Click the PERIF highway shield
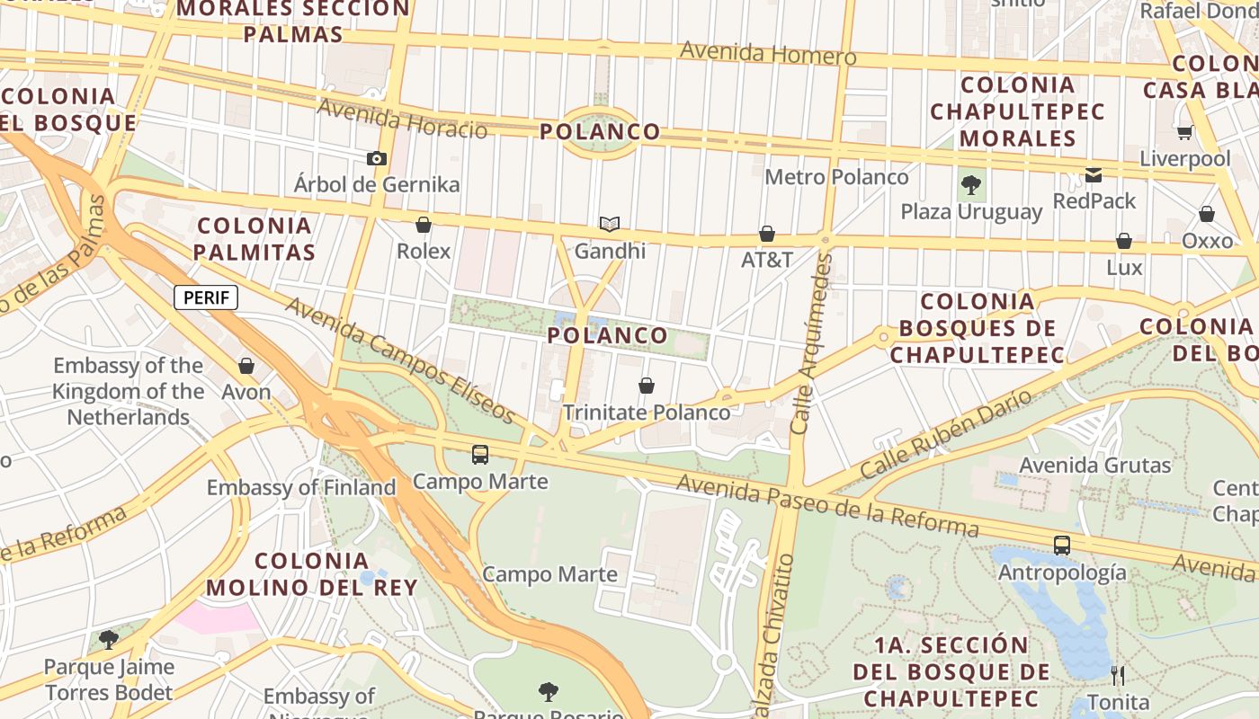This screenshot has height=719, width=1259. pos(205,297)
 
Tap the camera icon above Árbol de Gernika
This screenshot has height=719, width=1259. pos(376,159)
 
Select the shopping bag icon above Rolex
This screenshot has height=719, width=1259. pos(423,225)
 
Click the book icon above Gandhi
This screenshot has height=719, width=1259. pos(610,224)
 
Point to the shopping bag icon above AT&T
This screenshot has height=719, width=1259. pos(767,235)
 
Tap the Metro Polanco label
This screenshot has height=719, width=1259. pos(836,177)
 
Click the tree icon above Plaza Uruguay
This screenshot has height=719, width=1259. pos(970,186)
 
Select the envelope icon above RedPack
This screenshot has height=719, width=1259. pos(1094,175)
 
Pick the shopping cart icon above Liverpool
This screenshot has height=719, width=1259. pos(1184,133)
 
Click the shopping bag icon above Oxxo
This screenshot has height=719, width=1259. pos(1207,214)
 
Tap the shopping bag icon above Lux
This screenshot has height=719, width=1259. pos(1124,241)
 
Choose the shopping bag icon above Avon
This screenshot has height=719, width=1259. pos(246,366)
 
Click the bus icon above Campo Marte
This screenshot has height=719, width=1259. pos(480,455)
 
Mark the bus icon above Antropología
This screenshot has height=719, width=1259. pos(1062,545)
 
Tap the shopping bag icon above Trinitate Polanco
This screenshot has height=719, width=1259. pos(646,386)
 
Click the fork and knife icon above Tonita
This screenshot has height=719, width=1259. pos(1118,675)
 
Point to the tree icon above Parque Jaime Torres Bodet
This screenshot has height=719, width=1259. pos(109,640)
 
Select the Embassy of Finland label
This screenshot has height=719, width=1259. pos(301,487)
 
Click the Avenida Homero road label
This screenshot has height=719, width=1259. pos(768,54)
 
